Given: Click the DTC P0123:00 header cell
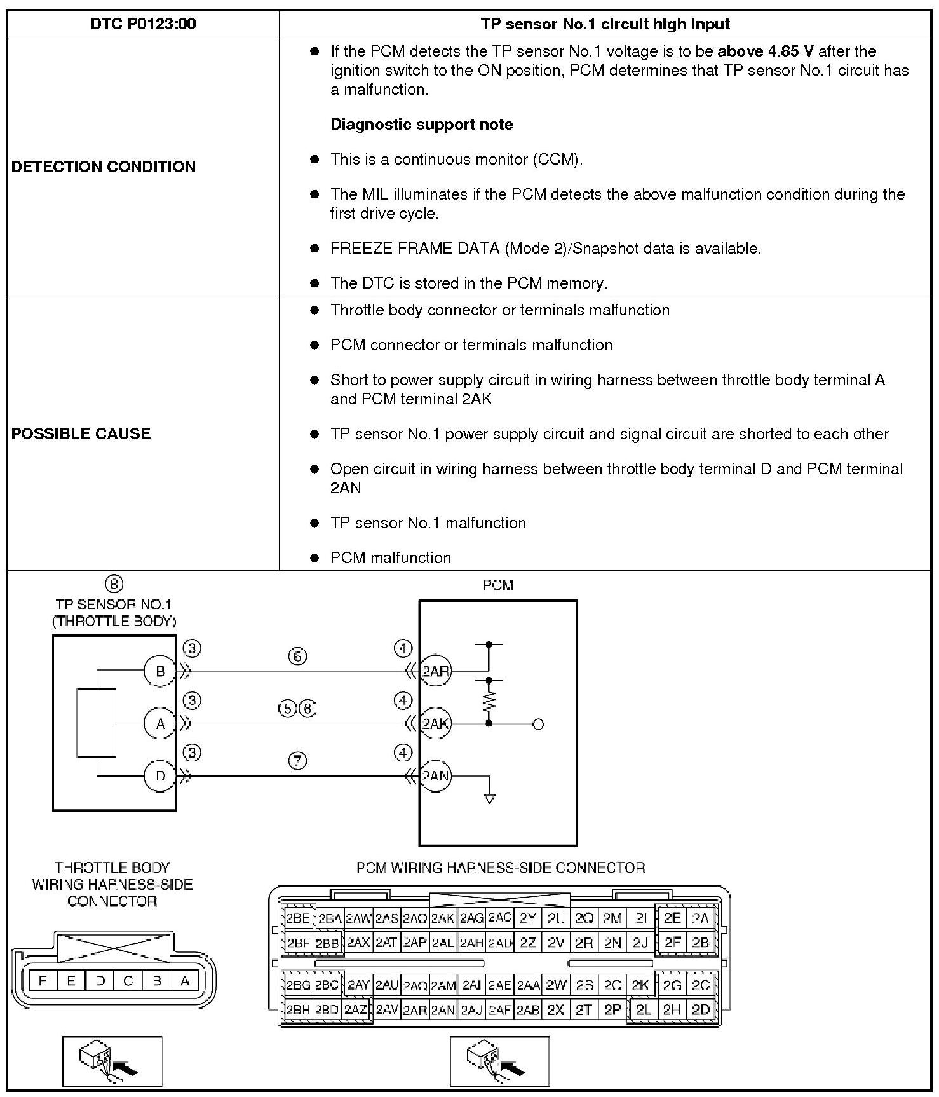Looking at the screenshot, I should coord(143,24).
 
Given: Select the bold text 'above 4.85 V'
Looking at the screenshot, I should coord(765,51).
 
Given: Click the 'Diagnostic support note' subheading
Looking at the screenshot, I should coord(421,125).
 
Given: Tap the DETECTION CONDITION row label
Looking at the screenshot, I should coord(104,167).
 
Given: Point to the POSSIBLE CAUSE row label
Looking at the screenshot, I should coord(81,433).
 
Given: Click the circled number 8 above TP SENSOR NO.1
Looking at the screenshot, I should coord(113,583).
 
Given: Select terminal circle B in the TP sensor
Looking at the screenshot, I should coord(159,671).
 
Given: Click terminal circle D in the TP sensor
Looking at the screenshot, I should coord(159,776).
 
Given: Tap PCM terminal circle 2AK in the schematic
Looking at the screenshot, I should coord(435,723).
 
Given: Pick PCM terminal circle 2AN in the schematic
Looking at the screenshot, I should coord(435,776).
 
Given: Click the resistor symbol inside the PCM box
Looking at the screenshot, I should coord(489,701).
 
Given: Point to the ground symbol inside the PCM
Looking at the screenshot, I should coord(489,798).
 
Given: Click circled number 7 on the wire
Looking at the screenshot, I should coord(297,760).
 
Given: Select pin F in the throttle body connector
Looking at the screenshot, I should coord(43,981).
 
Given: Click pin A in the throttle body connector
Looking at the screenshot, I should coord(185,981).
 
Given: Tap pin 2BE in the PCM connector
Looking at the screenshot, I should coord(297,918).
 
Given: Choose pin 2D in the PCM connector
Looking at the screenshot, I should coord(701,1010).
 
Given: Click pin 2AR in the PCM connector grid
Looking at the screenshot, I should coord(414,1010).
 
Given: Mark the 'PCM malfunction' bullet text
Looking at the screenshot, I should coord(390,558).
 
